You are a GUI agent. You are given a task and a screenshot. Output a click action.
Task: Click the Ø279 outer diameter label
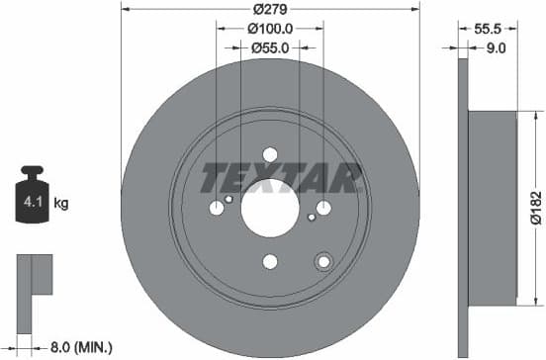[x=270, y=9]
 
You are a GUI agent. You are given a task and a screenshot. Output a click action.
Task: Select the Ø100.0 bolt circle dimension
[x=270, y=29]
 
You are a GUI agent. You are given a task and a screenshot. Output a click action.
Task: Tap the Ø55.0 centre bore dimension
[x=270, y=46]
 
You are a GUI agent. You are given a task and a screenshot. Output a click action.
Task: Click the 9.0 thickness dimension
[x=498, y=46]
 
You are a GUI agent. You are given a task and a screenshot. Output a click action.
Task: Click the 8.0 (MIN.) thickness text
[x=82, y=347]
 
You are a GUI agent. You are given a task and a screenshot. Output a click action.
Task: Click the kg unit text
[x=61, y=205]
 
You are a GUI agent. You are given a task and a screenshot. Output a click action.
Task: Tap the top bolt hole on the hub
[x=270, y=153]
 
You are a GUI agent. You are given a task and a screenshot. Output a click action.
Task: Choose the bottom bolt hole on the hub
[x=270, y=262]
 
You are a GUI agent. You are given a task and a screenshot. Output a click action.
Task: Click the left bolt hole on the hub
[x=217, y=208]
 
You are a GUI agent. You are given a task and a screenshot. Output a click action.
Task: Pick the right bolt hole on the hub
[x=323, y=208]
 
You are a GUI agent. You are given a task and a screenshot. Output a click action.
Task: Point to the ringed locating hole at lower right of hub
[x=322, y=261]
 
